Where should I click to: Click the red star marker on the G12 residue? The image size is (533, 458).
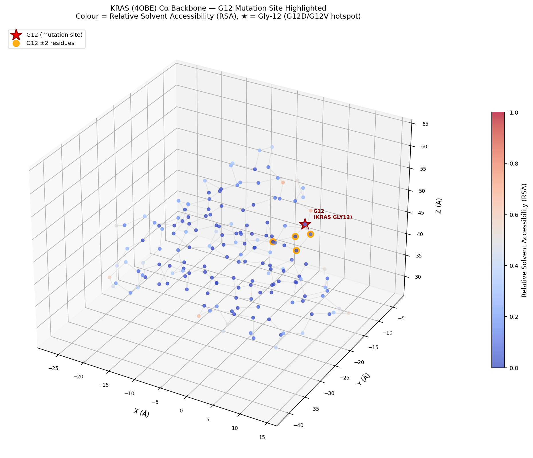305,224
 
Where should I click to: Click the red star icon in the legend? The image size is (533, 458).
16,35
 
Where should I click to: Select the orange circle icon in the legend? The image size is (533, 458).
16,43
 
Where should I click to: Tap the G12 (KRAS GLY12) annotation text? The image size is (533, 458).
332,214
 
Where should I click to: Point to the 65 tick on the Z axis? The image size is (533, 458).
425,124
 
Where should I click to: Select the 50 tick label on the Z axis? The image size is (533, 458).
425,191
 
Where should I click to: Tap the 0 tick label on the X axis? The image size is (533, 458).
181,411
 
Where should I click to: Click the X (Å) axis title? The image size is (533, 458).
141,413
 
